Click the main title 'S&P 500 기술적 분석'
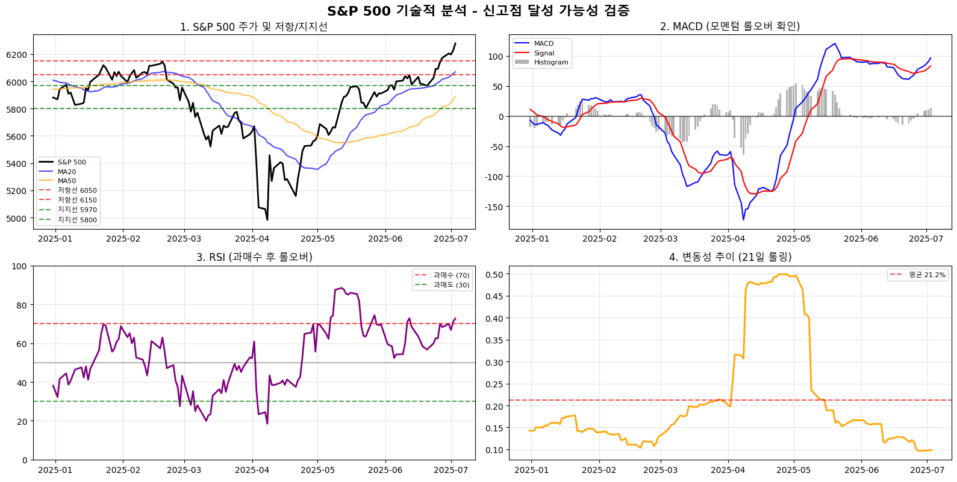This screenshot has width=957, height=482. [x=478, y=11]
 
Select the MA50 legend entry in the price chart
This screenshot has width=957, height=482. [x=67, y=181]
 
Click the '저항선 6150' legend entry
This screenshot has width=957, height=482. [x=77, y=200]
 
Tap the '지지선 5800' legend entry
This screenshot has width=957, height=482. [x=77, y=220]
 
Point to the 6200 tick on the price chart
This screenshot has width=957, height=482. [x=16, y=55]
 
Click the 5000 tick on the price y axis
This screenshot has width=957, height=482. [x=16, y=218]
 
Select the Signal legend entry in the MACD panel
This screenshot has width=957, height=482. [x=544, y=53]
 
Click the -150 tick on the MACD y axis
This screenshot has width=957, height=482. [x=494, y=207]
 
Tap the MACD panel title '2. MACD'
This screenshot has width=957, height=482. [x=729, y=27]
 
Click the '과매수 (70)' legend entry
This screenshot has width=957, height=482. [x=451, y=275]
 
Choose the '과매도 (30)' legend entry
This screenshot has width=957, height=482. [x=451, y=285]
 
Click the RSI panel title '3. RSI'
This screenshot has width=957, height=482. [x=254, y=257]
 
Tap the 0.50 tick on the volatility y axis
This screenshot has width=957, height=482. [x=494, y=274]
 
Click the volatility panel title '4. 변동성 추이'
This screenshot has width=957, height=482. [x=729, y=257]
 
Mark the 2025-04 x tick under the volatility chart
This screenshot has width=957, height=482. [x=728, y=470]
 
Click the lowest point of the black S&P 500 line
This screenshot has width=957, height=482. [x=267, y=220]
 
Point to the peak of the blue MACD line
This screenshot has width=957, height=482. [x=835, y=43]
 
